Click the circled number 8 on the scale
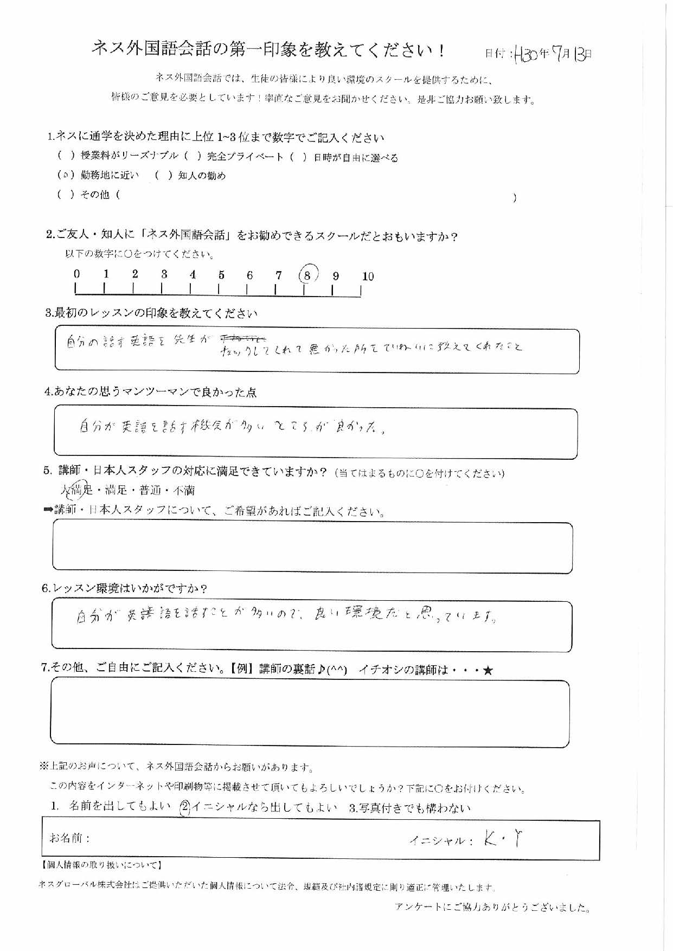pos(307,275)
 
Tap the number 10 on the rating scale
pos(368,277)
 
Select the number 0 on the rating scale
pos(77,274)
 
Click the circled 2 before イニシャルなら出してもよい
pos(184,807)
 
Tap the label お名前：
pos(69,838)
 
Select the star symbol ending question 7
pos(488,671)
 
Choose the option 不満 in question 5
pos(184,491)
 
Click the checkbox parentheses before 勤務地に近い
pos(65,176)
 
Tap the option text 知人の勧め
pos(201,176)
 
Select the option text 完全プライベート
pos(245,157)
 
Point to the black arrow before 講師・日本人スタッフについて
pos(48,510)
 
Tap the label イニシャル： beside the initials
pos(441,841)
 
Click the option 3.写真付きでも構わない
pos(410,808)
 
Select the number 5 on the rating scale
pos(221,275)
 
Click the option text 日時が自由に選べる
pos(356,158)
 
